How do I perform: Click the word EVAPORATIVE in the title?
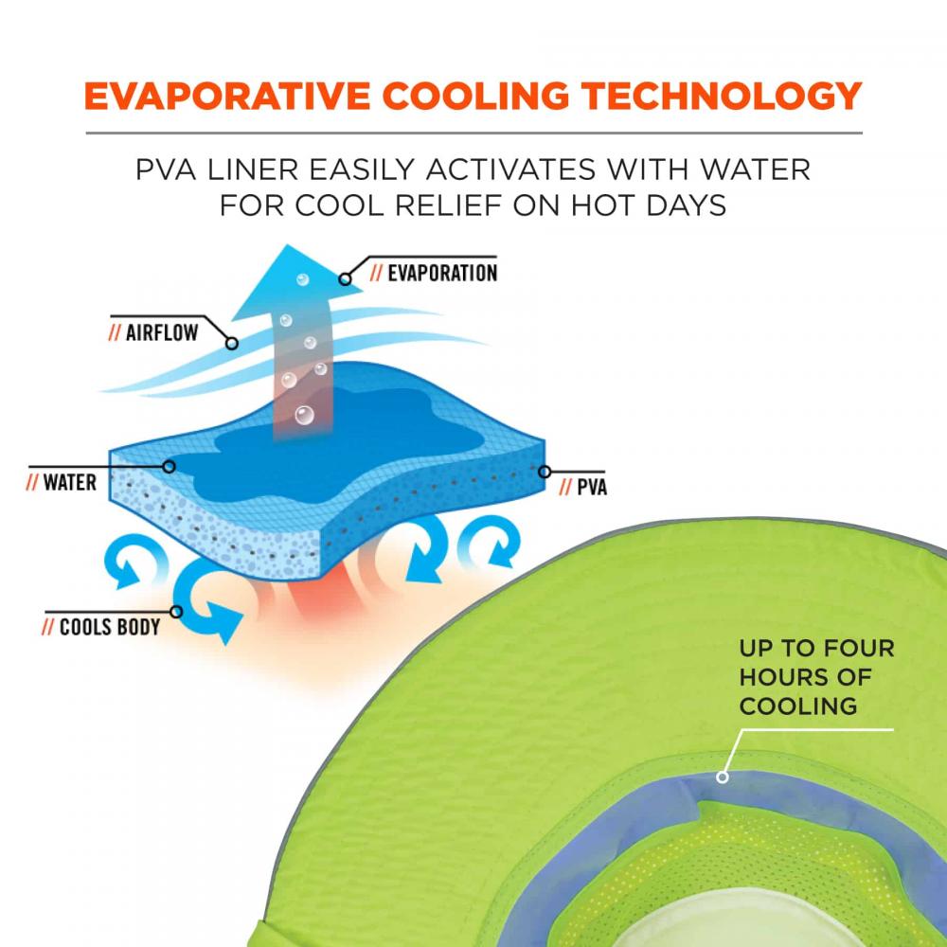pyautogui.click(x=226, y=96)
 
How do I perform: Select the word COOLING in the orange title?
pyautogui.click(x=475, y=96)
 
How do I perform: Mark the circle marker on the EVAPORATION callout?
pyautogui.click(x=345, y=279)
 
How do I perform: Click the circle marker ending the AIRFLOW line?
pyautogui.click(x=231, y=344)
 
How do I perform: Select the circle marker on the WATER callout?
pyautogui.click(x=170, y=466)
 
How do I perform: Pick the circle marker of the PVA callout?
pyautogui.click(x=545, y=472)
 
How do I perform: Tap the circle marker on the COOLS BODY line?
pyautogui.click(x=176, y=612)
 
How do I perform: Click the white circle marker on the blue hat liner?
pyautogui.click(x=723, y=777)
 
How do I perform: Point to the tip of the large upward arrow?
pyautogui.click(x=288, y=244)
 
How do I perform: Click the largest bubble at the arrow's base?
pyautogui.click(x=304, y=415)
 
